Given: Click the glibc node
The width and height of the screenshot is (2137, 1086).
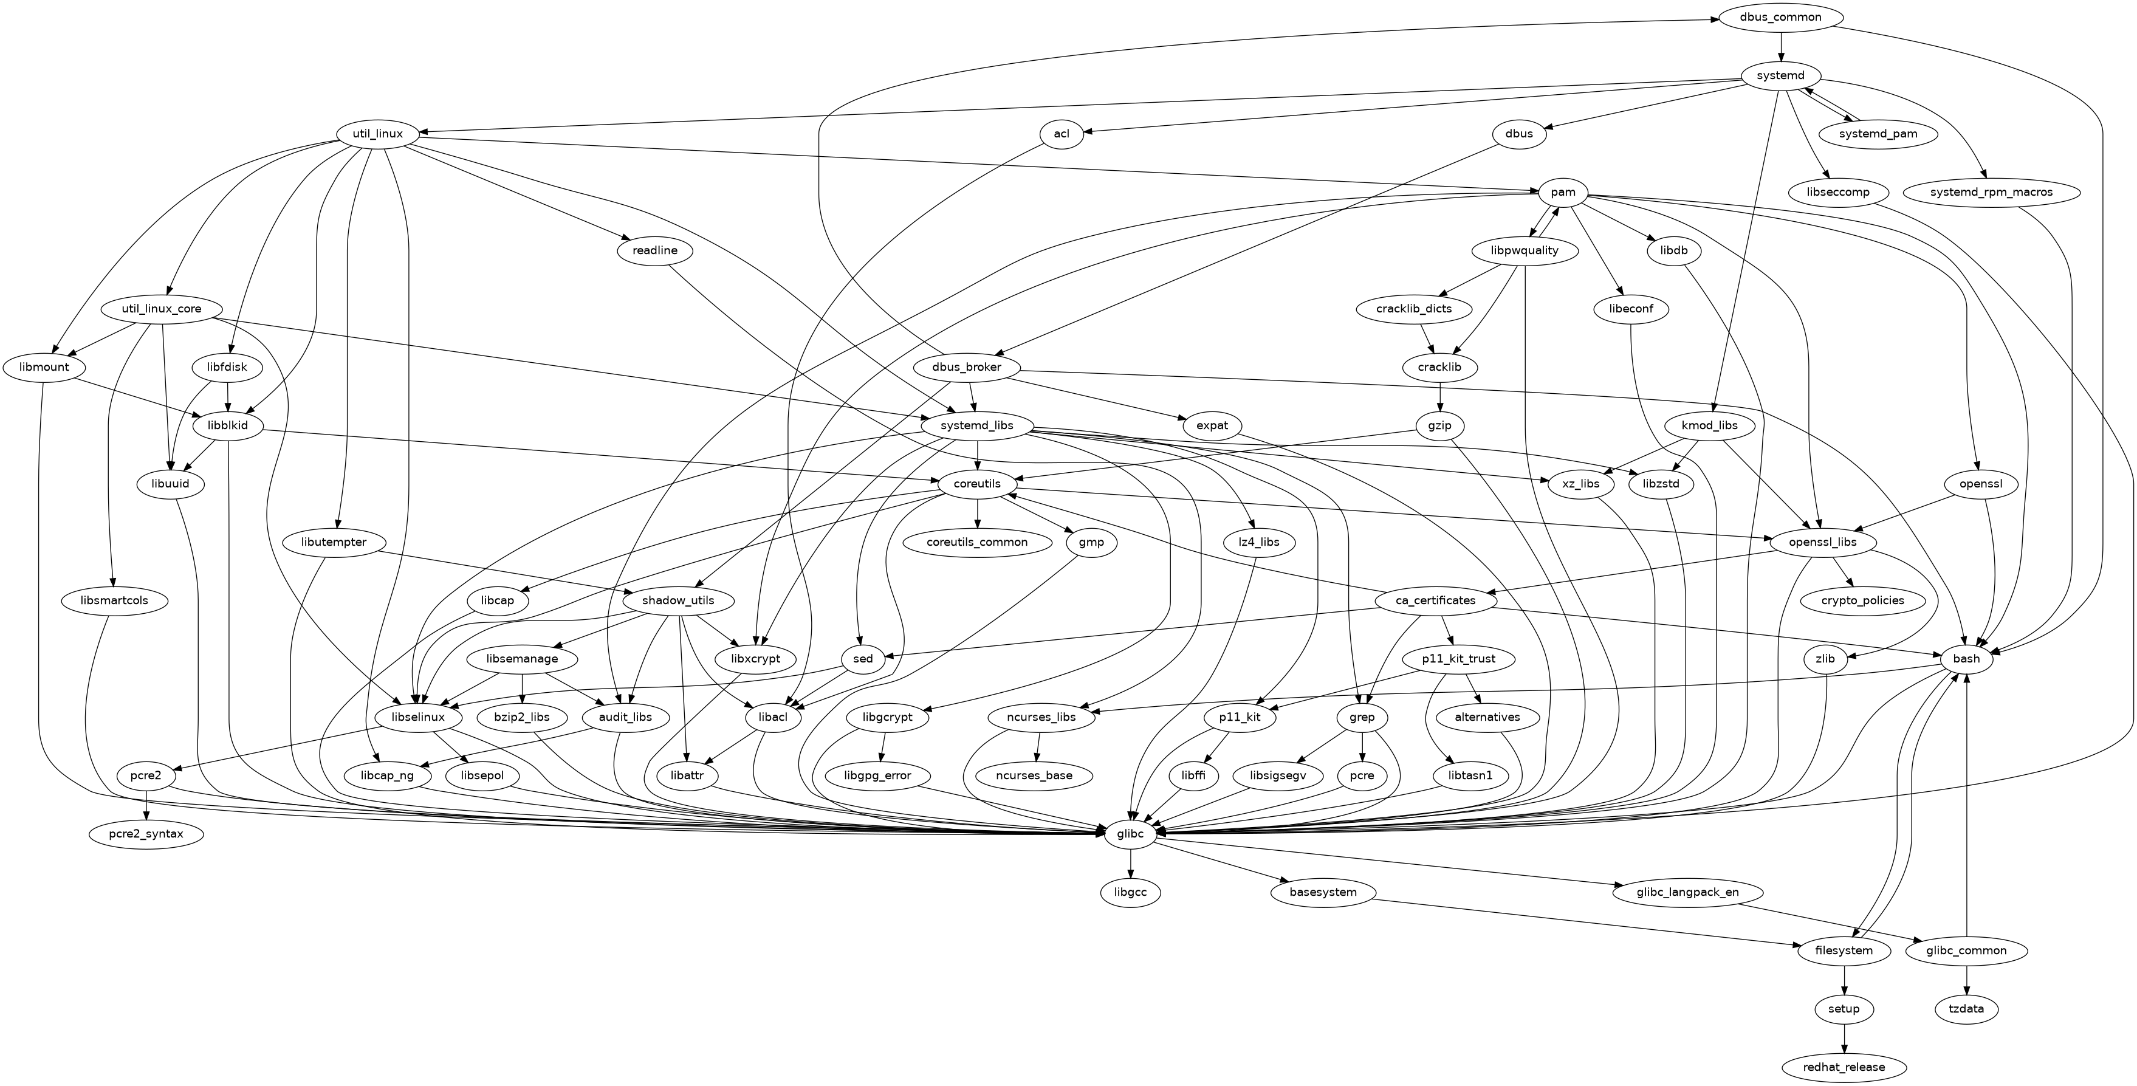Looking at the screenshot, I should coord(1131,833).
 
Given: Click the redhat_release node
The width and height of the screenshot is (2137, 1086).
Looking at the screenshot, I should coord(1844,1067).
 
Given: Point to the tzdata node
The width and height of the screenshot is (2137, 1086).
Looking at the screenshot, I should coord(1967,1009).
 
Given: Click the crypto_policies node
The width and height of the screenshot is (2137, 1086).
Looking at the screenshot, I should coord(1862,600).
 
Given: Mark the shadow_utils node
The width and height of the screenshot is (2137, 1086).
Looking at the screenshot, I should coord(679,600).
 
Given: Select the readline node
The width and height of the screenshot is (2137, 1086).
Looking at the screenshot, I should coord(656,250).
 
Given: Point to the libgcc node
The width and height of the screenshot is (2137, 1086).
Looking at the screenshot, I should coord(1131,892).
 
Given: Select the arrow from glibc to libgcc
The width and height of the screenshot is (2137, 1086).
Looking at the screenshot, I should coord(1131,863).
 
